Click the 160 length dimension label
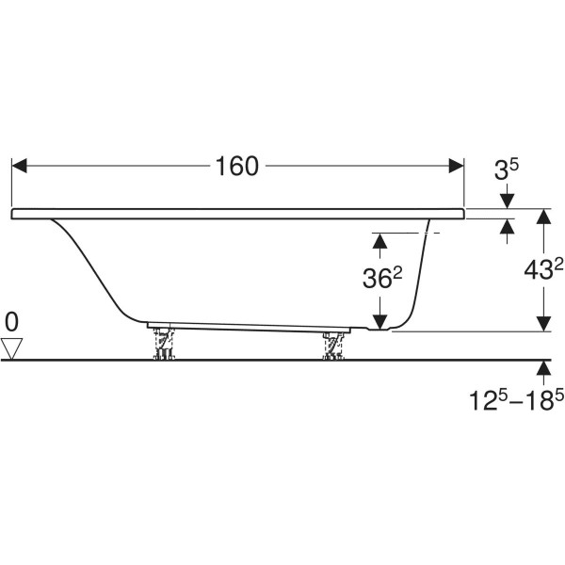236,167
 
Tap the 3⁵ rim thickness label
507,169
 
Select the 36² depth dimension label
382,279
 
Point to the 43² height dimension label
543,270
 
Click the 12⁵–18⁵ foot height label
516,400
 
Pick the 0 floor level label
11,322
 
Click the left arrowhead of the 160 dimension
20,166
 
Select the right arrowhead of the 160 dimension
456,166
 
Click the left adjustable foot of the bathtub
164,344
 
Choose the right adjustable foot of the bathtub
333,346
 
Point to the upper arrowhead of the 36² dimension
379,241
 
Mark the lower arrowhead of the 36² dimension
379,322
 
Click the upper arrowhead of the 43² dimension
543,217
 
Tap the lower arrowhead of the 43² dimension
543,324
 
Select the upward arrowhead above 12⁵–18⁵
543,368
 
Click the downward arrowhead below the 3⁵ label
508,202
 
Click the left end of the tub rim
12,214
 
